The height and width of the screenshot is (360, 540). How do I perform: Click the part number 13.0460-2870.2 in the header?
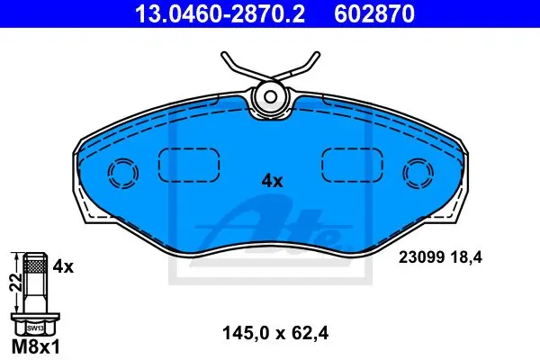click(x=220, y=14)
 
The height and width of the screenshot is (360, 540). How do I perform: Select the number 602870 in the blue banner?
click(x=374, y=14)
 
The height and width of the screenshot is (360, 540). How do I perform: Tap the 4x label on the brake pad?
click(x=272, y=181)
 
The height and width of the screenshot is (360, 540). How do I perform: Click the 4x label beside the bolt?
click(x=63, y=266)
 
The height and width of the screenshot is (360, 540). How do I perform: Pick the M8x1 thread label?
click(x=36, y=347)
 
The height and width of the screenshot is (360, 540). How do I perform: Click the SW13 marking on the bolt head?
click(x=35, y=328)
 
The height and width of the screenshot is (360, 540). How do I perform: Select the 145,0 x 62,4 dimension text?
click(x=275, y=333)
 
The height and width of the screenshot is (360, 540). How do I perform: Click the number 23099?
click(x=421, y=257)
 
